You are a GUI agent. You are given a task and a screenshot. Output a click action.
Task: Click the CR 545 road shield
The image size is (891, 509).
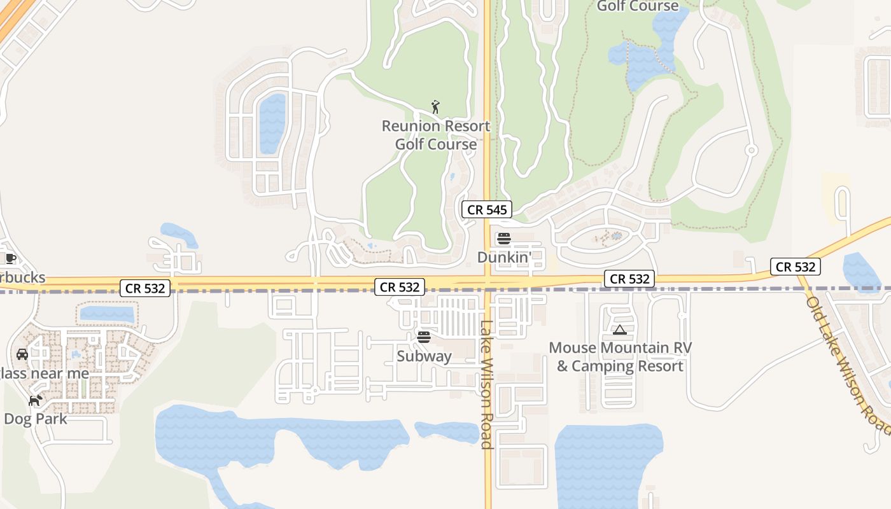(x=487, y=210)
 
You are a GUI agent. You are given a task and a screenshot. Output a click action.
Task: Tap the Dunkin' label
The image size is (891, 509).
(x=504, y=258)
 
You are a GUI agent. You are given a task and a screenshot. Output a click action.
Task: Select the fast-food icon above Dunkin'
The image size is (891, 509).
(x=504, y=239)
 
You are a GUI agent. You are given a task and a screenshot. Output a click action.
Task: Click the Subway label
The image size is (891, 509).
(x=424, y=356)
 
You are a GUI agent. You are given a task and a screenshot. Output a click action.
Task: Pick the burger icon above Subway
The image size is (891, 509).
(x=424, y=337)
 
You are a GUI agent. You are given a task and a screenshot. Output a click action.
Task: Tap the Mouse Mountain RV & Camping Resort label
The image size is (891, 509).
(x=620, y=357)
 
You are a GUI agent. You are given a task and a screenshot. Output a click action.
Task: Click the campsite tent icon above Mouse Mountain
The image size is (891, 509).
(x=620, y=330)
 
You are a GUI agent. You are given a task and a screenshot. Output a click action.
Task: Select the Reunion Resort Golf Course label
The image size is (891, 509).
(x=436, y=135)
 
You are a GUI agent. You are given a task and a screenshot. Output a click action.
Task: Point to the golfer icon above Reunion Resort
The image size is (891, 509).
(x=436, y=107)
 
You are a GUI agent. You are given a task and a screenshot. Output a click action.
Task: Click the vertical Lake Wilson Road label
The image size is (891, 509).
(x=487, y=384)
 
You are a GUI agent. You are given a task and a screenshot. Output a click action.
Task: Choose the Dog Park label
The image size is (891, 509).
(x=36, y=419)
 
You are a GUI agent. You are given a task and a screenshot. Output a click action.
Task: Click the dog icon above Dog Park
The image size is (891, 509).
(x=36, y=401)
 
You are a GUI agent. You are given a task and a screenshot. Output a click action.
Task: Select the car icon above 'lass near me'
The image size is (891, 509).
(x=22, y=354)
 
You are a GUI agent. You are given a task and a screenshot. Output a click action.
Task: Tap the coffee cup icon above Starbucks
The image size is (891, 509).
(x=10, y=258)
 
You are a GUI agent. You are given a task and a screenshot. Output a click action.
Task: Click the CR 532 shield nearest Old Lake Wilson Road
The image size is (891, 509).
(x=795, y=267)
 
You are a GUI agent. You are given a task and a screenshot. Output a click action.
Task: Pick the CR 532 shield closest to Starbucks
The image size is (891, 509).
(x=145, y=288)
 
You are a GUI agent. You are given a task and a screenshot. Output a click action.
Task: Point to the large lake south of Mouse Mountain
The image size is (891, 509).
(x=608, y=464)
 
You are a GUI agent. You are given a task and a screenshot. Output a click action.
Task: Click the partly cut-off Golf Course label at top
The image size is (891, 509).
(x=638, y=6)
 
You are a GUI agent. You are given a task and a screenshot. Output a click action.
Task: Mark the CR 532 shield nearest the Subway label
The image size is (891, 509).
(x=400, y=287)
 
